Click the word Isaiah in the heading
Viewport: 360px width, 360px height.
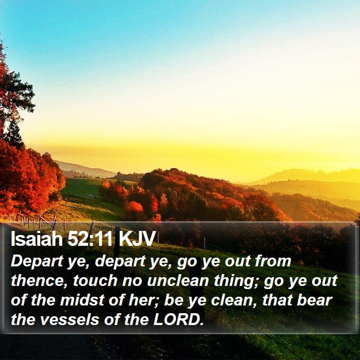[x=37, y=239]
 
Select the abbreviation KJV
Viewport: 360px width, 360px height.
[x=137, y=239]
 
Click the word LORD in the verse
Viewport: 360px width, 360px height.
[x=178, y=319]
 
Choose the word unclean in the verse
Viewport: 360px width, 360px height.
[x=178, y=281]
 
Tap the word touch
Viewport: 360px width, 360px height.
[x=95, y=281]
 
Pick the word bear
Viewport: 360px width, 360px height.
[x=315, y=300]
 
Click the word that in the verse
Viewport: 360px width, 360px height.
[x=277, y=300]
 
